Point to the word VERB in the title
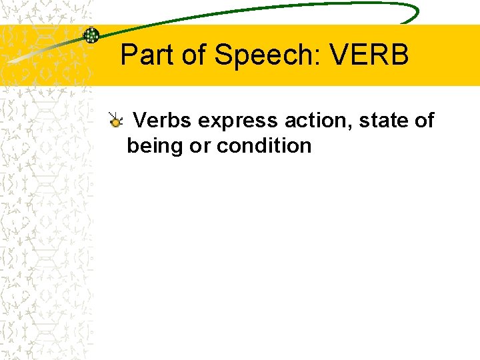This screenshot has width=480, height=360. pos(369,55)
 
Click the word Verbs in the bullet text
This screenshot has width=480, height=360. pos(163,121)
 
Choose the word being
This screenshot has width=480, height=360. pos(156,146)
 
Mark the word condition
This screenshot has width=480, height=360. pos(264,145)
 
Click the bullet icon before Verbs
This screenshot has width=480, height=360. pos(116,121)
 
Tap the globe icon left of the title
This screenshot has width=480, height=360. pos(91,35)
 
